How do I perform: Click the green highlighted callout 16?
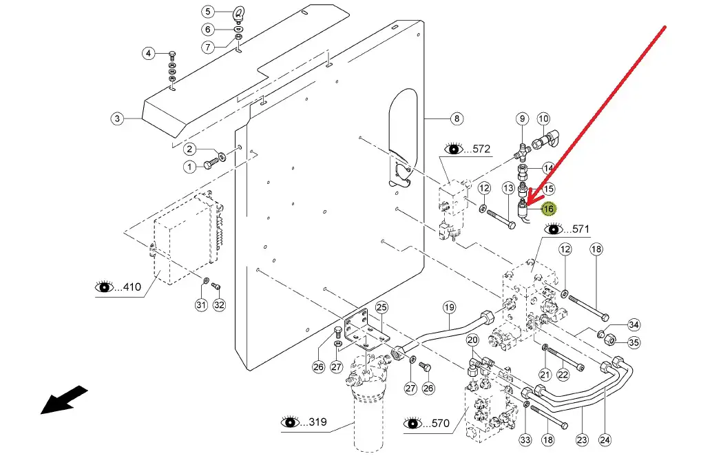pos(549,209)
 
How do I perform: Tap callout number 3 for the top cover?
pos(117,118)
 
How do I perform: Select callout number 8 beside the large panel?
pos(457,118)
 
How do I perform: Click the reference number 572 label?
pos(481,149)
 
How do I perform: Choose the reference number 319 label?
pos(317,422)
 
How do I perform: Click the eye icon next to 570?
pos(412,422)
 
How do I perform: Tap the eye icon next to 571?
pos(554,229)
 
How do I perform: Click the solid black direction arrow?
pos(64,400)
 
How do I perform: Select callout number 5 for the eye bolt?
pos(208,11)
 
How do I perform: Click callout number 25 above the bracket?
pos(381,307)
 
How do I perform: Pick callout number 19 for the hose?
pos(449,307)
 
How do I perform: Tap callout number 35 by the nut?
pos(634,342)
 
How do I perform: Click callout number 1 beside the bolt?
pos(189,167)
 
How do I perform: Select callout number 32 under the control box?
pos(218,305)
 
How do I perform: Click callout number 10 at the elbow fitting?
pos(543,118)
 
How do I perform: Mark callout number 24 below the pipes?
pos(605,440)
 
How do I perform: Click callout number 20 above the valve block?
pos(472,340)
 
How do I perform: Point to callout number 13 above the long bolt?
pos(508,188)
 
